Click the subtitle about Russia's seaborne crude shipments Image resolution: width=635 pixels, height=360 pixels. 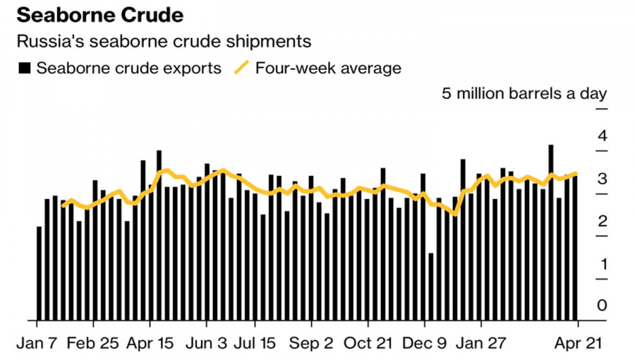(163, 42)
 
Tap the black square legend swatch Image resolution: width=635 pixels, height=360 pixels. (25, 68)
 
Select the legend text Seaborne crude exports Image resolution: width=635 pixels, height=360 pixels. (129, 68)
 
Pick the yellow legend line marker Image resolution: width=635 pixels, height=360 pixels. (241, 68)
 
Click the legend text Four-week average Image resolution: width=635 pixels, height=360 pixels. (328, 68)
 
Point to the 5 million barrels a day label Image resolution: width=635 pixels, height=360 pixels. (524, 94)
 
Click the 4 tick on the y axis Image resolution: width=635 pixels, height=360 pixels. (602, 136)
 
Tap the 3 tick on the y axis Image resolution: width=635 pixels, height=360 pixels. (602, 179)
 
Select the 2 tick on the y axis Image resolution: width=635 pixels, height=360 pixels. (602, 222)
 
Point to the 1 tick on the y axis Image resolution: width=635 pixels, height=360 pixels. (602, 264)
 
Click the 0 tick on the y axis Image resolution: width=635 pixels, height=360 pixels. (602, 306)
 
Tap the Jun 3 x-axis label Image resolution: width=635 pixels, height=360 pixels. (206, 343)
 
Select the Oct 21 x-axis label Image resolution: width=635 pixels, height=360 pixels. (368, 343)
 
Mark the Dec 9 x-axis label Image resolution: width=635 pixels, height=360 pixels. (425, 343)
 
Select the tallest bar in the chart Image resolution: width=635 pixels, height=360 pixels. (550, 233)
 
